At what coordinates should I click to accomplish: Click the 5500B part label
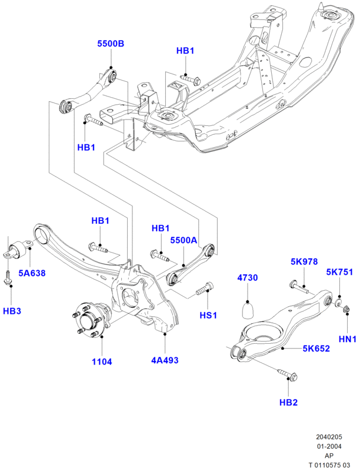[111, 44]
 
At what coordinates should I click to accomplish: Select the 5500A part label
[184, 240]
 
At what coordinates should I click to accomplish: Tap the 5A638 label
[32, 273]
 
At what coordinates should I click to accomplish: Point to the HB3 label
[12, 310]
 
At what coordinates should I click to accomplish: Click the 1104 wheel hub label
[102, 361]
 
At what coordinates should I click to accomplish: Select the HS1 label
[209, 315]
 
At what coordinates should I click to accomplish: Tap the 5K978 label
[304, 261]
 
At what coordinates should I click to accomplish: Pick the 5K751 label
[340, 272]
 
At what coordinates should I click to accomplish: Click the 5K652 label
[316, 348]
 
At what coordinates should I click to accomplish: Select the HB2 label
[288, 402]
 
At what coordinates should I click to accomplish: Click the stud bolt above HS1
[205, 289]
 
